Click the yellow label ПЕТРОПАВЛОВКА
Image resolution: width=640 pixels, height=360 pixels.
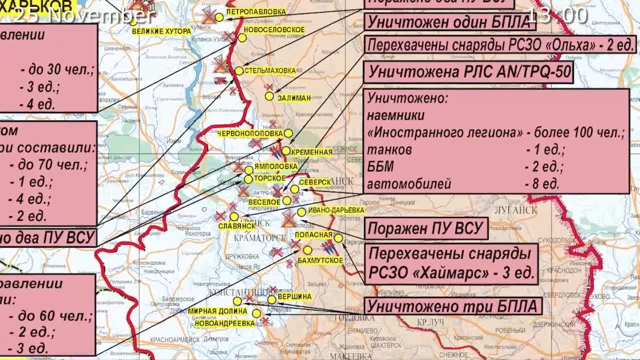(256, 11)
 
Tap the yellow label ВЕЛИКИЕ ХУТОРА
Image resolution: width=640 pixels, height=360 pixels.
(161, 31)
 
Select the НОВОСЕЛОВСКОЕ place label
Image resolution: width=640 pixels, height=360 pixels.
(274, 30)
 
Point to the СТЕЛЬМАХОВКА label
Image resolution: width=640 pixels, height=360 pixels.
(270, 70)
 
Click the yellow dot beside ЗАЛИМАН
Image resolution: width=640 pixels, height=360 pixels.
(269, 96)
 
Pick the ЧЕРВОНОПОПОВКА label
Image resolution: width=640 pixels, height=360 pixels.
(250, 133)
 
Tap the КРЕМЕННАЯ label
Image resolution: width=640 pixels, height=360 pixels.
(311, 152)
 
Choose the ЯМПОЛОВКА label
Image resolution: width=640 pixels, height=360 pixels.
(275, 166)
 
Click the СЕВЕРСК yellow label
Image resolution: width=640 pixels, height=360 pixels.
(315, 182)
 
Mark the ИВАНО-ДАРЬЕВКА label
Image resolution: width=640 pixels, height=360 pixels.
(336, 210)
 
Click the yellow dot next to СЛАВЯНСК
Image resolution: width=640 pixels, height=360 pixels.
(234, 216)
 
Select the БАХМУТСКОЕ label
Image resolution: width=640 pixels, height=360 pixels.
(320, 260)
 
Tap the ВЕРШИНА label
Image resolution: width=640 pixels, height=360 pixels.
(294, 296)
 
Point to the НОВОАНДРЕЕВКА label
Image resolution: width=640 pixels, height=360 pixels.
(224, 323)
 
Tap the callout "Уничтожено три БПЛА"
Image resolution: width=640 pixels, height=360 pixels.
(452, 306)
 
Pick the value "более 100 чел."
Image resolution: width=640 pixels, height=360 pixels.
(579, 133)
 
